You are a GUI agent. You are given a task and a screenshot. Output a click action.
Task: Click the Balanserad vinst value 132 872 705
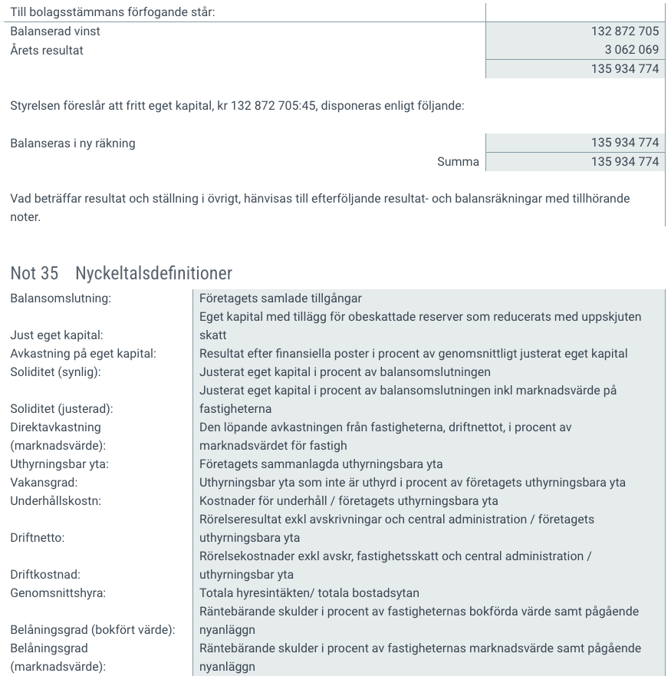pyautogui.click(x=625, y=31)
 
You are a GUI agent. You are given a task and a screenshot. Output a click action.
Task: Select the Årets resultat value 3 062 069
pyautogui.click(x=631, y=50)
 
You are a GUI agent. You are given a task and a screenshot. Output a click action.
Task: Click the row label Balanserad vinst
pyautogui.click(x=55, y=31)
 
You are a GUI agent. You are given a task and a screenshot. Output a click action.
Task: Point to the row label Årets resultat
pyautogui.click(x=47, y=50)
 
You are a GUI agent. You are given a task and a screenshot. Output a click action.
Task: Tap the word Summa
pyautogui.click(x=458, y=161)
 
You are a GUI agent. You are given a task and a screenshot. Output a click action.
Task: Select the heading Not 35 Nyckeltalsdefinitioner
pyautogui.click(x=121, y=273)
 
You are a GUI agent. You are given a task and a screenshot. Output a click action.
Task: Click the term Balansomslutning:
pyautogui.click(x=60, y=299)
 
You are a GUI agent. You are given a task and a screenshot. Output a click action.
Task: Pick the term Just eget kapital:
pyautogui.click(x=57, y=335)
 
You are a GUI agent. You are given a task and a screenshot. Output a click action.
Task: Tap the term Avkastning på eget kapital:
pyautogui.click(x=83, y=354)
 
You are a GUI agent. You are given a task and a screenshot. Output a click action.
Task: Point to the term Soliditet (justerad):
pyautogui.click(x=62, y=409)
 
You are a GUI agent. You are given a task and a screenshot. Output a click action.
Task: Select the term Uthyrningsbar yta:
pyautogui.click(x=59, y=464)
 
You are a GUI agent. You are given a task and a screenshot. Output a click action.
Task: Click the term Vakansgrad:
pyautogui.click(x=44, y=483)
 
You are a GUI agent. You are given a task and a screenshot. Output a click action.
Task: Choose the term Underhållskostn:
pyautogui.click(x=56, y=501)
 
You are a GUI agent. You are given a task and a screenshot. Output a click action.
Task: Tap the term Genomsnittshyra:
pyautogui.click(x=58, y=593)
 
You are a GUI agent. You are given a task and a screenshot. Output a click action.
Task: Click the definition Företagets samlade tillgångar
pyautogui.click(x=280, y=299)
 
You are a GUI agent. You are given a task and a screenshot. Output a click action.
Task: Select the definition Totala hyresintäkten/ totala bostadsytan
pyautogui.click(x=309, y=593)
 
